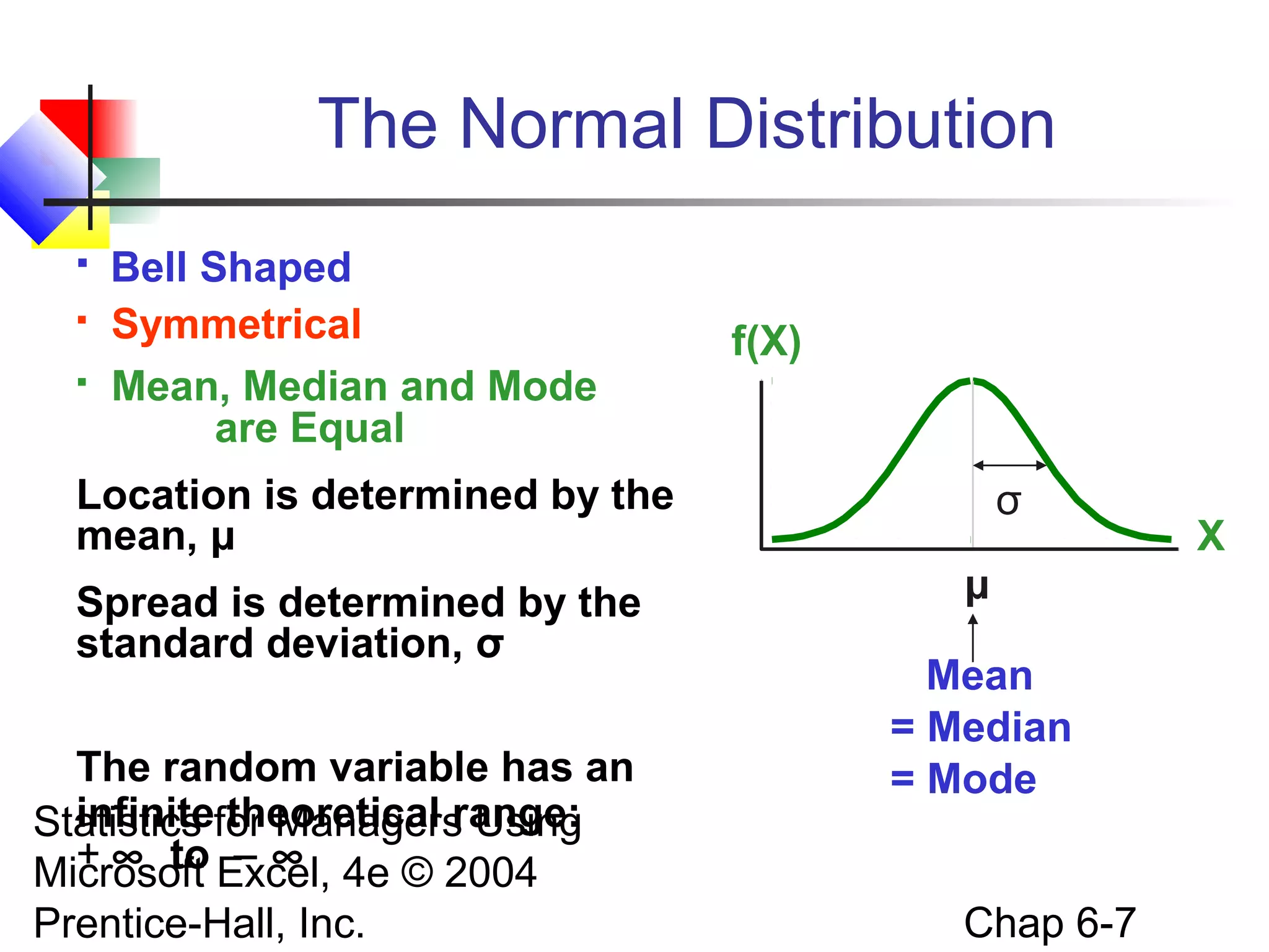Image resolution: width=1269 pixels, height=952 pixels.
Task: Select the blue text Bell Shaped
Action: pyautogui.click(x=231, y=267)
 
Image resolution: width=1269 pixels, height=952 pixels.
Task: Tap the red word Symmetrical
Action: pyautogui.click(x=236, y=324)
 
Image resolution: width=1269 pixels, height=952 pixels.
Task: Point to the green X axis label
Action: pyautogui.click(x=1210, y=536)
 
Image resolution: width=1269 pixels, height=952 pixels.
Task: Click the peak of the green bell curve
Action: pyautogui.click(x=972, y=381)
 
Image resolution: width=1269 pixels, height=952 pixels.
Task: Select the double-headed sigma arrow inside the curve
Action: pyautogui.click(x=1009, y=465)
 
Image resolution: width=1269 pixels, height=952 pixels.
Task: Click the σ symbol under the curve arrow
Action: pyautogui.click(x=1008, y=502)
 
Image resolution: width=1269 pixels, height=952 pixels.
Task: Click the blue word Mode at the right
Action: pyautogui.click(x=981, y=778)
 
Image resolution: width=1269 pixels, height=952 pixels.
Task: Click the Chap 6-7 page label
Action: pyautogui.click(x=1050, y=923)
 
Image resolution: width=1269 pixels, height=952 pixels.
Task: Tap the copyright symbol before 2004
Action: pyautogui.click(x=417, y=872)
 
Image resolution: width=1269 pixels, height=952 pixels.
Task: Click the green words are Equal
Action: pyautogui.click(x=309, y=428)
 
